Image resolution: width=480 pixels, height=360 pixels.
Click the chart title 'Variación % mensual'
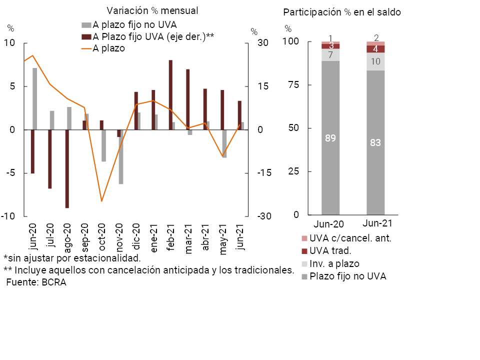152,11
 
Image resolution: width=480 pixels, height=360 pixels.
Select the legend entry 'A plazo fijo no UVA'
134,24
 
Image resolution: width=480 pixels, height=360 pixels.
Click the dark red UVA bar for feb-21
170,95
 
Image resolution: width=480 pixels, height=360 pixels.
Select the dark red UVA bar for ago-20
67,168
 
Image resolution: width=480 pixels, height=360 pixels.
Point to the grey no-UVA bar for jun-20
34,99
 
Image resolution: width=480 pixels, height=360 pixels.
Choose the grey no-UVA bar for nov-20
121,157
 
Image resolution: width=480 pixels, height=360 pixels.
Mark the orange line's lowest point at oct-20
101,201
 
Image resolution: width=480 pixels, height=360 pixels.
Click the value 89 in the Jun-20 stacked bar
330,138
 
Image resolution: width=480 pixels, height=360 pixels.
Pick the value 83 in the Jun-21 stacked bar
375,143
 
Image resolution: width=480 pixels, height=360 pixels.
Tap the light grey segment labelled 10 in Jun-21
375,61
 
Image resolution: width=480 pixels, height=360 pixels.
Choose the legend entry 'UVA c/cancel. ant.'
350,238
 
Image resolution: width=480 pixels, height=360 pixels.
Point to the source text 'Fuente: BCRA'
36,282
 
